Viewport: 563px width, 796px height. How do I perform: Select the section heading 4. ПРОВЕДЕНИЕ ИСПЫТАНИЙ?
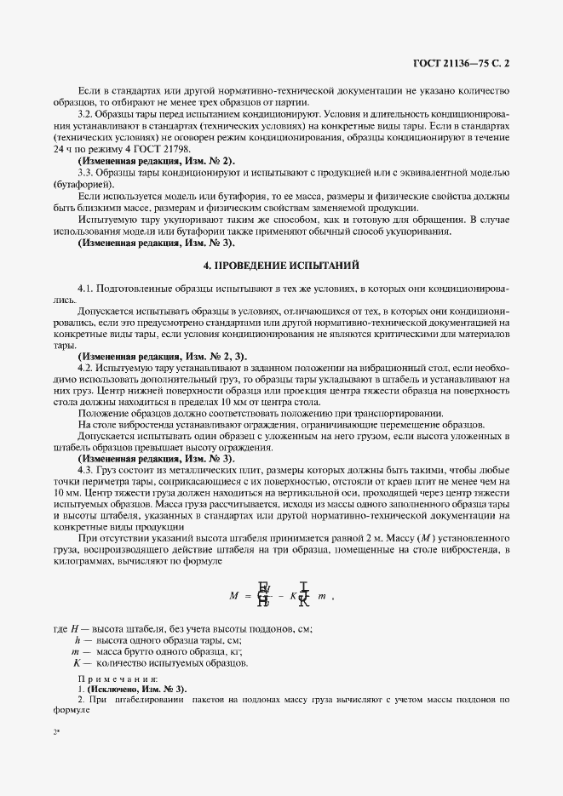coord(281,265)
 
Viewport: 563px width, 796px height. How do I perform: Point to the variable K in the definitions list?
coord(77,662)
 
